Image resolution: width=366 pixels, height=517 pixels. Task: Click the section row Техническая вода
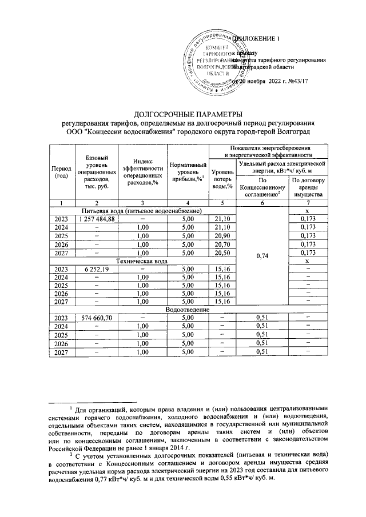(x=142, y=261)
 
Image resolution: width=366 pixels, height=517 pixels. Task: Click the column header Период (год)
(x=61, y=172)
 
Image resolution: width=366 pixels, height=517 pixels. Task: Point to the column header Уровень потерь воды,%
(x=222, y=177)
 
